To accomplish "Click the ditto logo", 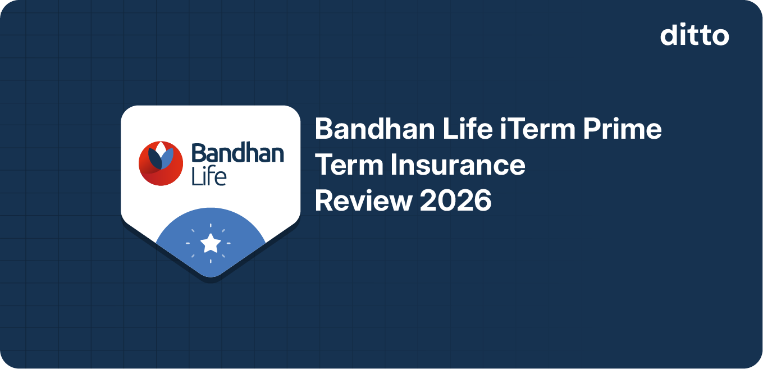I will (x=695, y=35).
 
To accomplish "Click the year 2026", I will (x=456, y=201).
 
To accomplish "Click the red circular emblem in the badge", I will (x=161, y=163).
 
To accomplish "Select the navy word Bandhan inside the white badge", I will (x=237, y=153).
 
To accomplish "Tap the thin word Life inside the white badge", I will (x=208, y=176).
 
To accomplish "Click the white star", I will (x=211, y=243).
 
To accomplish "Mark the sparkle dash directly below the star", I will (x=211, y=261).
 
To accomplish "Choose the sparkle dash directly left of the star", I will (x=189, y=243).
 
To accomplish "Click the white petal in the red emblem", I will (x=161, y=149).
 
